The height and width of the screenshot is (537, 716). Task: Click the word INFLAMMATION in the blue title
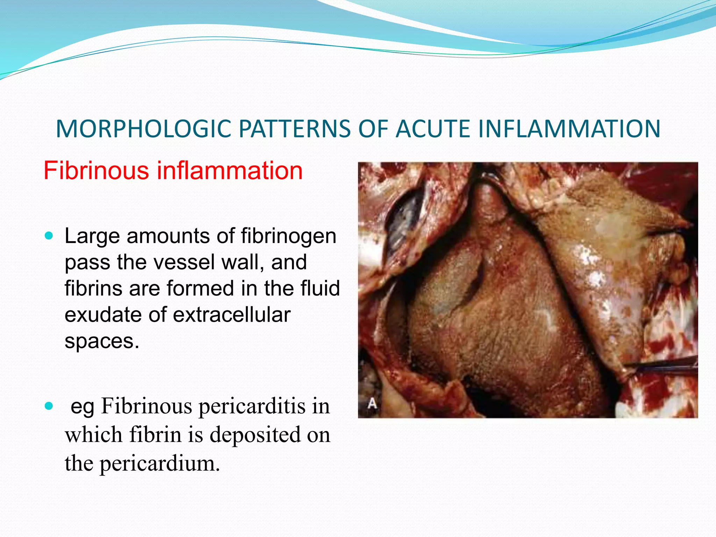click(x=569, y=129)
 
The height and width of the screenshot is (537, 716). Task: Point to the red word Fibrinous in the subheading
click(x=96, y=171)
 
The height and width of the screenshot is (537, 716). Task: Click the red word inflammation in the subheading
click(x=229, y=171)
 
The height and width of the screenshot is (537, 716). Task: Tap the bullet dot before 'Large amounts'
click(x=49, y=236)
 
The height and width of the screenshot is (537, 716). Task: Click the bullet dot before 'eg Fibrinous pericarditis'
click(x=49, y=406)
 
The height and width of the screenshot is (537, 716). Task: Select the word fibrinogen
click(x=288, y=236)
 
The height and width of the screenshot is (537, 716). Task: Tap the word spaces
click(x=102, y=341)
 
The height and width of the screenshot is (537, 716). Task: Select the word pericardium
click(x=160, y=464)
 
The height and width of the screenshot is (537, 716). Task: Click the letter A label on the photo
click(x=372, y=404)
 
